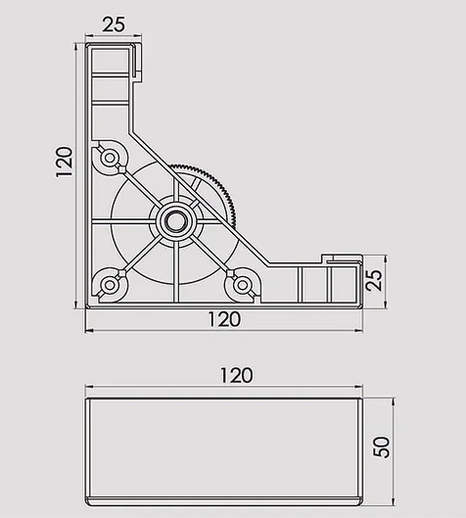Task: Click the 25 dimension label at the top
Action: pos(114,24)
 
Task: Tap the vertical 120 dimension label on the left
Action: pos(64,163)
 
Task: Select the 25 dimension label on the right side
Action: pos(375,281)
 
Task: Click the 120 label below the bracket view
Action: pos(224,319)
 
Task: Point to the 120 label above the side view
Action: pos(237,376)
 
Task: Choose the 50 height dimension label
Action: pos(382,447)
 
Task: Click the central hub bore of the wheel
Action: pos(174,220)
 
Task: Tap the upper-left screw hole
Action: pos(110,158)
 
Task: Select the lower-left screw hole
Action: pos(110,285)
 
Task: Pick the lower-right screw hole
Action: pos(243,285)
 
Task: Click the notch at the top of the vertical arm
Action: pos(138,62)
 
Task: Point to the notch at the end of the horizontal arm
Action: pos(341,259)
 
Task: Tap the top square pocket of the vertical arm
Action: pos(110,61)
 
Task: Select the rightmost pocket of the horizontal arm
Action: pos(344,284)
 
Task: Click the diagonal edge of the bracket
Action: pos(200,198)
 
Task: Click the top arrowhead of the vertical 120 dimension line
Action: pos(76,47)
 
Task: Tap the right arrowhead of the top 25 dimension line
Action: pos(138,35)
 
